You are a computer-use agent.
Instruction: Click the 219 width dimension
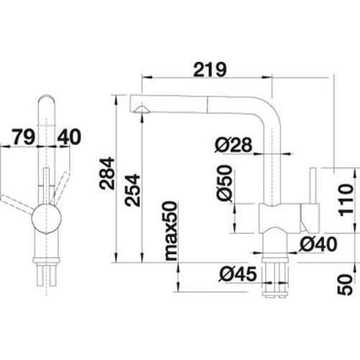209,70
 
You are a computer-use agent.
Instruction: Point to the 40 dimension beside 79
71,135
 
